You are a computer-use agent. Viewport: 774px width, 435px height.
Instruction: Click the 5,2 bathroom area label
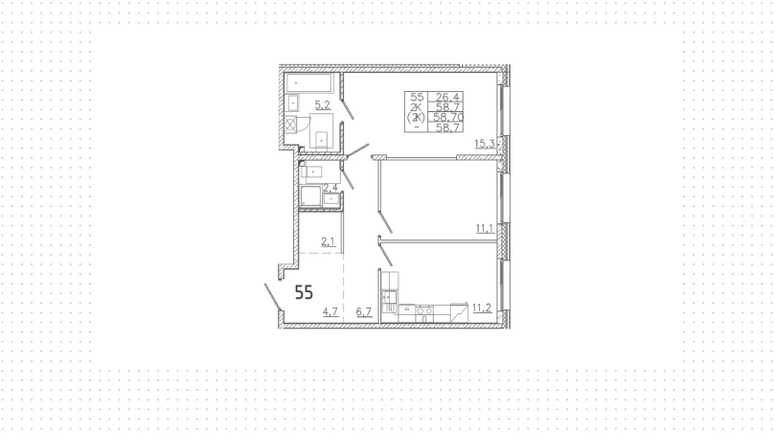click(322, 104)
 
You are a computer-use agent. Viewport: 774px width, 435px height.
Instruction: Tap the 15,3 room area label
click(485, 144)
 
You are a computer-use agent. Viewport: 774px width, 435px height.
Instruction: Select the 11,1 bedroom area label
click(485, 228)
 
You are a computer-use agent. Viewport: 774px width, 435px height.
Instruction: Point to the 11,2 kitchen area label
click(482, 309)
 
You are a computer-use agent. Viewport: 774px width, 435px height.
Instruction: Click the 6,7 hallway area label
click(364, 311)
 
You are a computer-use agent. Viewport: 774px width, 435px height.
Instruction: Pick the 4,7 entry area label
click(330, 311)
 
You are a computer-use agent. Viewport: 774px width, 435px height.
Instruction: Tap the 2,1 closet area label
click(329, 241)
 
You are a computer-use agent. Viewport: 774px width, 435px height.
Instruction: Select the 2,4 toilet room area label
click(330, 188)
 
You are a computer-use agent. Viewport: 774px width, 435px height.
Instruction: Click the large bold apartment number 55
click(304, 293)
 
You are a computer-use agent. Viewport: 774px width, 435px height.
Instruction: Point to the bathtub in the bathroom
click(309, 82)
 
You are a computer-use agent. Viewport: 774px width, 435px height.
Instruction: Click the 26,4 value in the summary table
click(447, 97)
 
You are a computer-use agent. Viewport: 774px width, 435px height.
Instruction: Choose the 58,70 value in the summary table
click(448, 117)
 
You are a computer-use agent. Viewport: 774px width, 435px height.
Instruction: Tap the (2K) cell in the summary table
click(416, 117)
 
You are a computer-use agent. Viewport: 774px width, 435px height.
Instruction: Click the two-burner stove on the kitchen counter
click(424, 310)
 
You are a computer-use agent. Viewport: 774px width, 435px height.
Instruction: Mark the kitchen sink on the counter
click(407, 309)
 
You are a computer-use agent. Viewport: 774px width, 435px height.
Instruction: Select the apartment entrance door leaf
click(273, 298)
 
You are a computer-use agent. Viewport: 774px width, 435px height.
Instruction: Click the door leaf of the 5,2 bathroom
click(348, 109)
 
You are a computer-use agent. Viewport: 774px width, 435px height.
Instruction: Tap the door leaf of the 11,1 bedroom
click(385, 222)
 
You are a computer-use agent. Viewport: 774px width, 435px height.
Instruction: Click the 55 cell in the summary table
click(417, 97)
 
